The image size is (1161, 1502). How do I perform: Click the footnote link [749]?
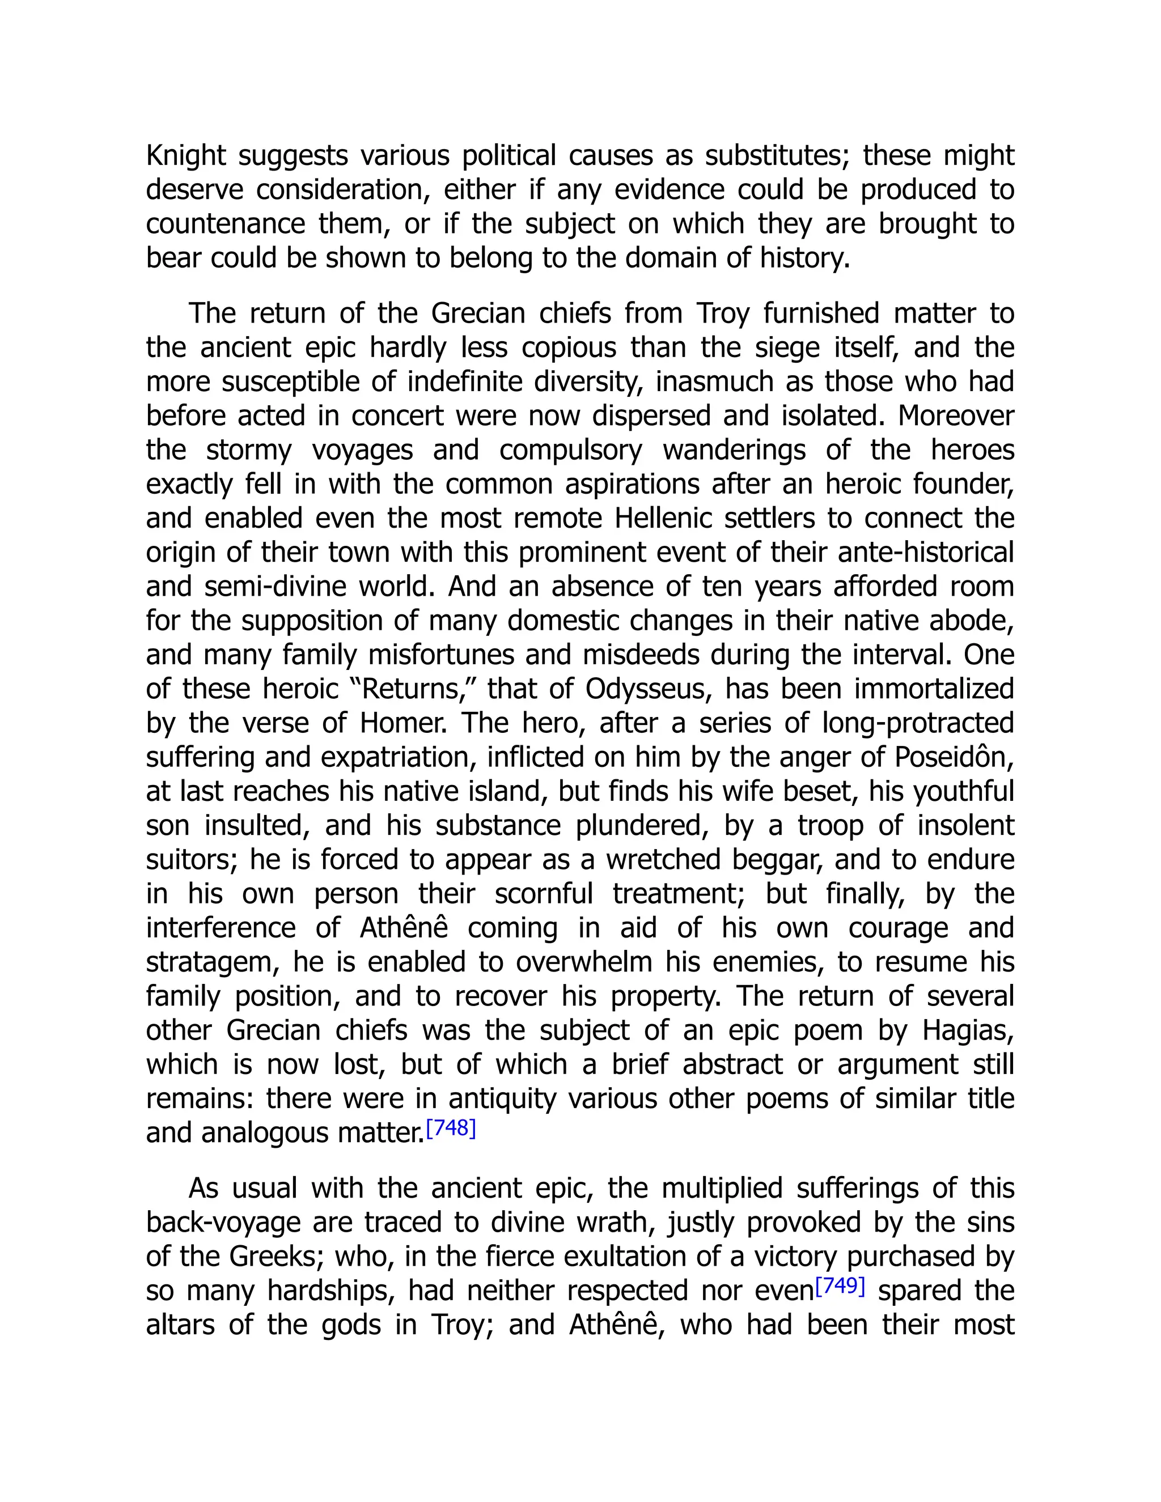839,1285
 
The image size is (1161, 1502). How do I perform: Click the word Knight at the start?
186,156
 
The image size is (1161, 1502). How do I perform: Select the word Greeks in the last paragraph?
275,1257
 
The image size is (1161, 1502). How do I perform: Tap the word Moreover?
956,416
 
